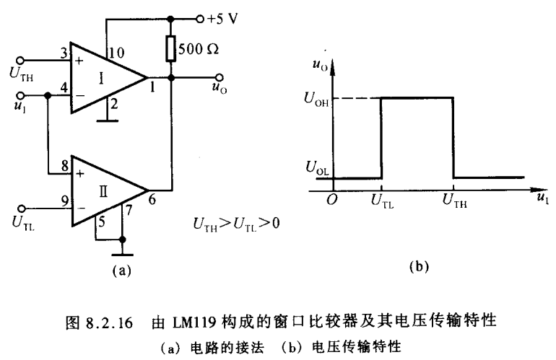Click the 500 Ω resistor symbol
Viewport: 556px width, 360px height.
(172, 49)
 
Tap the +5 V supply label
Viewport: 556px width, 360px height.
(222, 18)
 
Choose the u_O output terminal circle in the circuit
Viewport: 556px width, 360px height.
(216, 77)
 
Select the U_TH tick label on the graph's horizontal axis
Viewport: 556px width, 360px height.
(453, 203)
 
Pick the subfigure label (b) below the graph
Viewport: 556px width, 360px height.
(420, 266)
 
